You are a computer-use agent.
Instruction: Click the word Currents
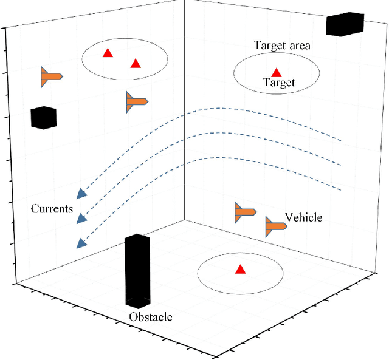pyautogui.click(x=52, y=209)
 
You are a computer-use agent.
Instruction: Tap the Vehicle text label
pyautogui.click(x=303, y=217)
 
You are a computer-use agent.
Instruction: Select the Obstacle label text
pyautogui.click(x=150, y=317)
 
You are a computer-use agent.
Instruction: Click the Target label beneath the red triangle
pyautogui.click(x=279, y=83)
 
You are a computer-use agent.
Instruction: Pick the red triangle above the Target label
pyautogui.click(x=277, y=72)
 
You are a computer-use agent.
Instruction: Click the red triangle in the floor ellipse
pyautogui.click(x=240, y=270)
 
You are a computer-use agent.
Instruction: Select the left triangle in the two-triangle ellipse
pyautogui.click(x=108, y=53)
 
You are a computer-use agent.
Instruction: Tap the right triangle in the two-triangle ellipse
pyautogui.click(x=136, y=63)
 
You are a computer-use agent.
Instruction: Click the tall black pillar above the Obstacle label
pyautogui.click(x=137, y=271)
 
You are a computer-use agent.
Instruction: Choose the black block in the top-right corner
pyautogui.click(x=345, y=24)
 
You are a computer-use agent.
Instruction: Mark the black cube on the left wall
pyautogui.click(x=43, y=118)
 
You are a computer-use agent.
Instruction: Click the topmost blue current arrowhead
pyautogui.click(x=80, y=194)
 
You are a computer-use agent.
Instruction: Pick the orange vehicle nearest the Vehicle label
pyautogui.click(x=275, y=226)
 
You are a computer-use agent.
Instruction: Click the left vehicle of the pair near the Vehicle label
pyautogui.click(x=245, y=212)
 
